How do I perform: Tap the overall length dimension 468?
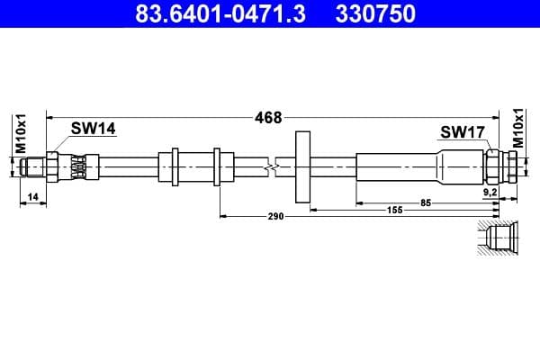[x=268, y=117]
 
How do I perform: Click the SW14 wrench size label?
[x=94, y=129]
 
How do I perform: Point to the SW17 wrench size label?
[x=463, y=132]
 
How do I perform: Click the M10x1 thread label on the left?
[x=21, y=134]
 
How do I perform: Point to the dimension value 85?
[x=426, y=202]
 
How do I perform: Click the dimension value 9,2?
[x=490, y=193]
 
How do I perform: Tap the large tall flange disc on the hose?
[x=302, y=166]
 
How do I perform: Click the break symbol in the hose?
[x=271, y=166]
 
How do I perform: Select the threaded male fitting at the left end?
[x=35, y=166]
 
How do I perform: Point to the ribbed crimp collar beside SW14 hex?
[x=80, y=166]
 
